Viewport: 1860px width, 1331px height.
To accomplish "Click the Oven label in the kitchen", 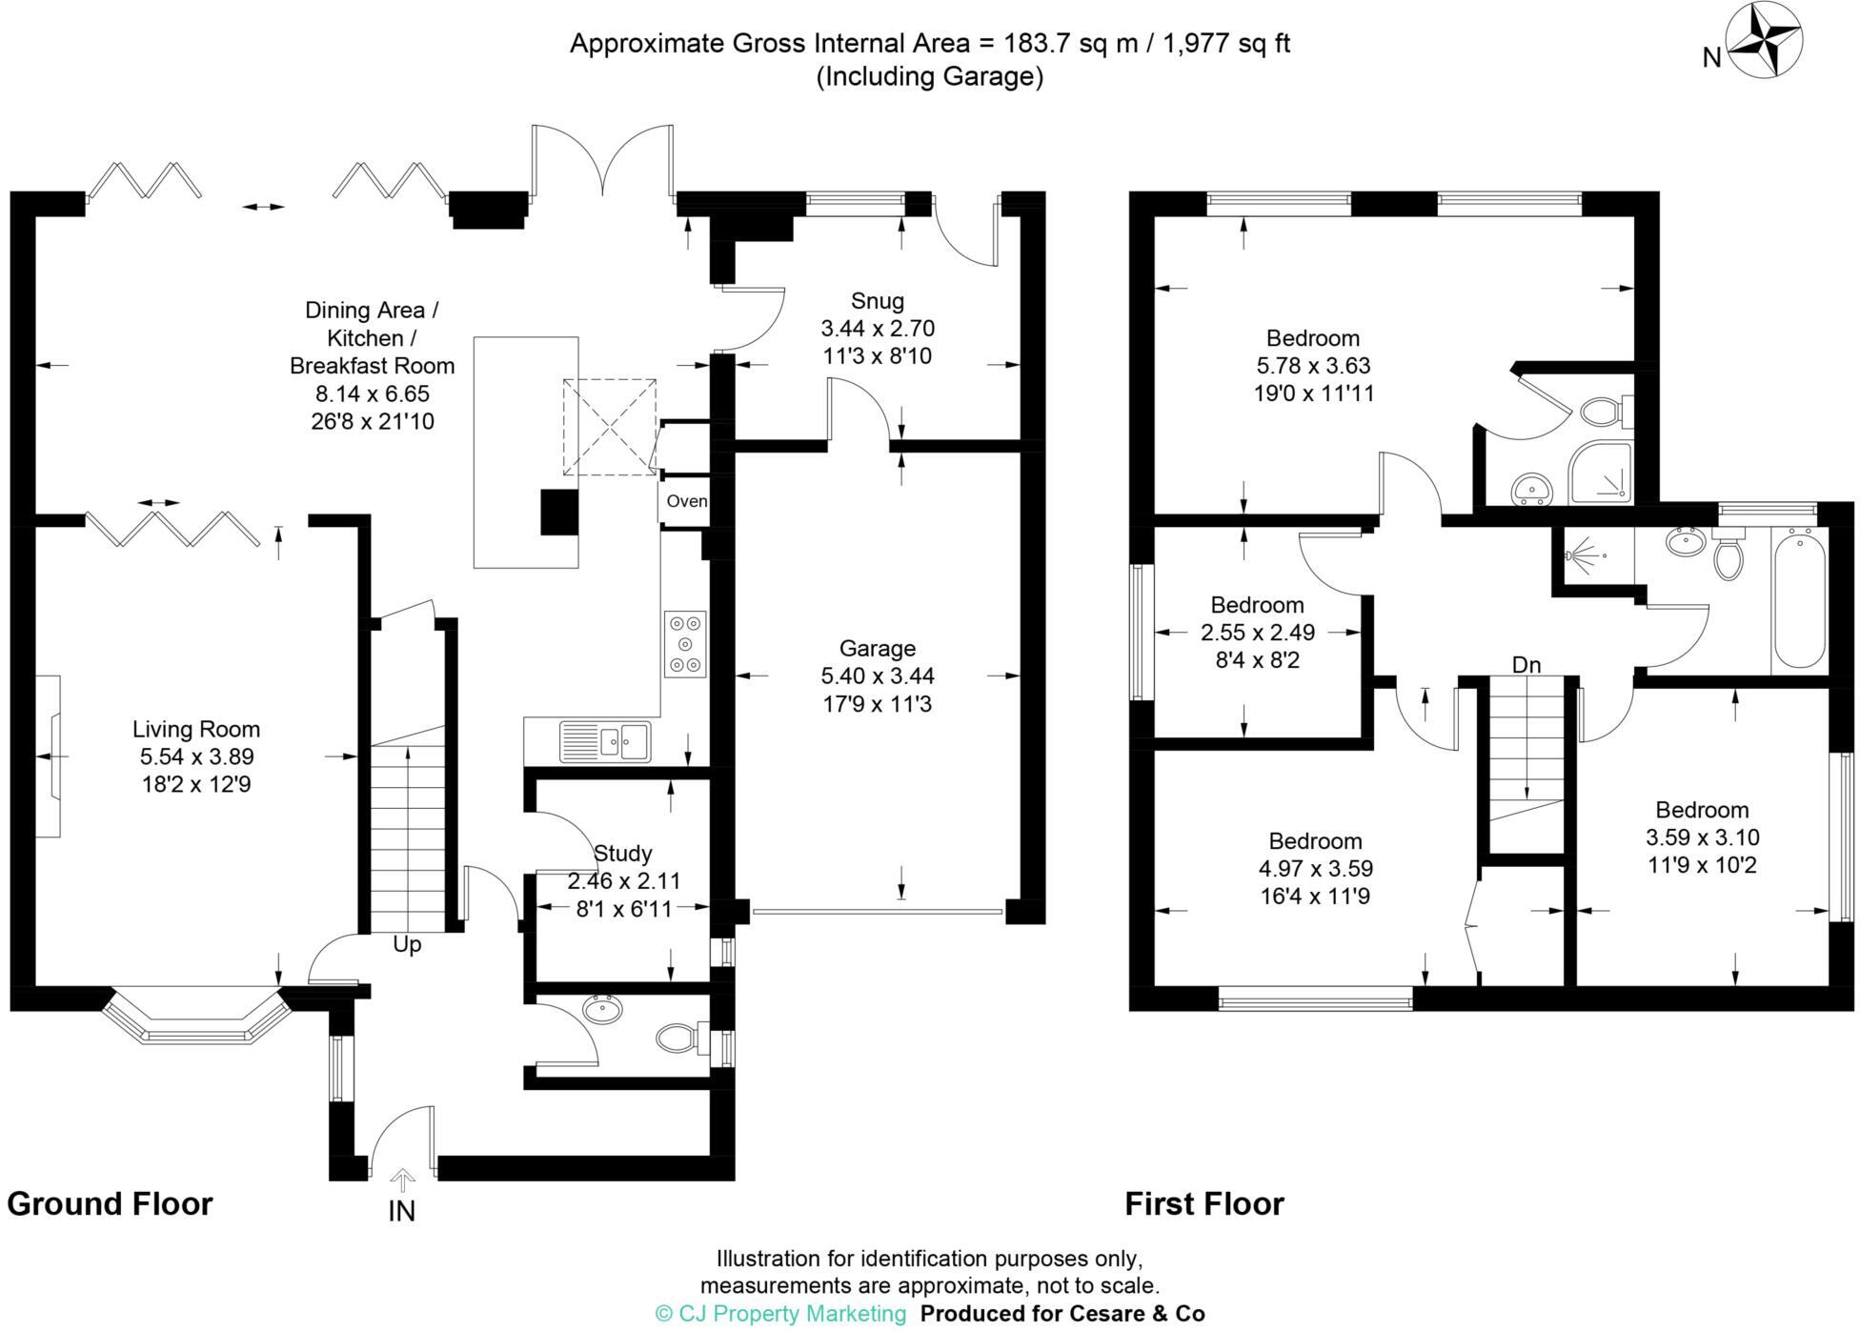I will click(x=686, y=501).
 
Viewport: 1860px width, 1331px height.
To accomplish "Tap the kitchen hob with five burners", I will click(x=685, y=644).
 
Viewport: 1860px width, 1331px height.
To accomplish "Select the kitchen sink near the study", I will click(x=604, y=740).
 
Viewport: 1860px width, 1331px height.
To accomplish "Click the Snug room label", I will click(x=877, y=301).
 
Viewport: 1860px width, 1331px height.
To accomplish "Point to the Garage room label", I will click(x=877, y=649).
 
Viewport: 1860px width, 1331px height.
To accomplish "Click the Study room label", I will click(x=622, y=854).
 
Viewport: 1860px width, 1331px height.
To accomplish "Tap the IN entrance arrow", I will click(x=402, y=1182).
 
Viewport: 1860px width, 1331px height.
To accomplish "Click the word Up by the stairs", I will click(x=407, y=945).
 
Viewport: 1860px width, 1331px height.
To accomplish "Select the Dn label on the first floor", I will click(x=1526, y=665).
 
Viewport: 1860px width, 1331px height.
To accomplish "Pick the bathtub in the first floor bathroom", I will click(x=1799, y=600).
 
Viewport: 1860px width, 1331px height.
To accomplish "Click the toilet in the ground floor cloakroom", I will click(x=679, y=1038).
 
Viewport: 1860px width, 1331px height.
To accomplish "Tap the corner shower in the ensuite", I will click(x=1600, y=473).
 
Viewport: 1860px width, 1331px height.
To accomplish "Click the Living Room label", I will click(x=196, y=730).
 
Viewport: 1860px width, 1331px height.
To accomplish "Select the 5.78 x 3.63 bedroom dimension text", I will click(x=1313, y=366).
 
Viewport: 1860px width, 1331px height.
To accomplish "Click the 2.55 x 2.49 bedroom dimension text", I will click(x=1257, y=633).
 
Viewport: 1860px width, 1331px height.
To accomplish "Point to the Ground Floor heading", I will click(x=110, y=1204).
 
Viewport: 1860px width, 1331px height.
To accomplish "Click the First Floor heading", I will click(x=1204, y=1204).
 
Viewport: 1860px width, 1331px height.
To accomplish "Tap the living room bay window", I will click(x=196, y=1019).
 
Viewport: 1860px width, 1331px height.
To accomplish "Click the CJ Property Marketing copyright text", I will click(x=780, y=1314).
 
